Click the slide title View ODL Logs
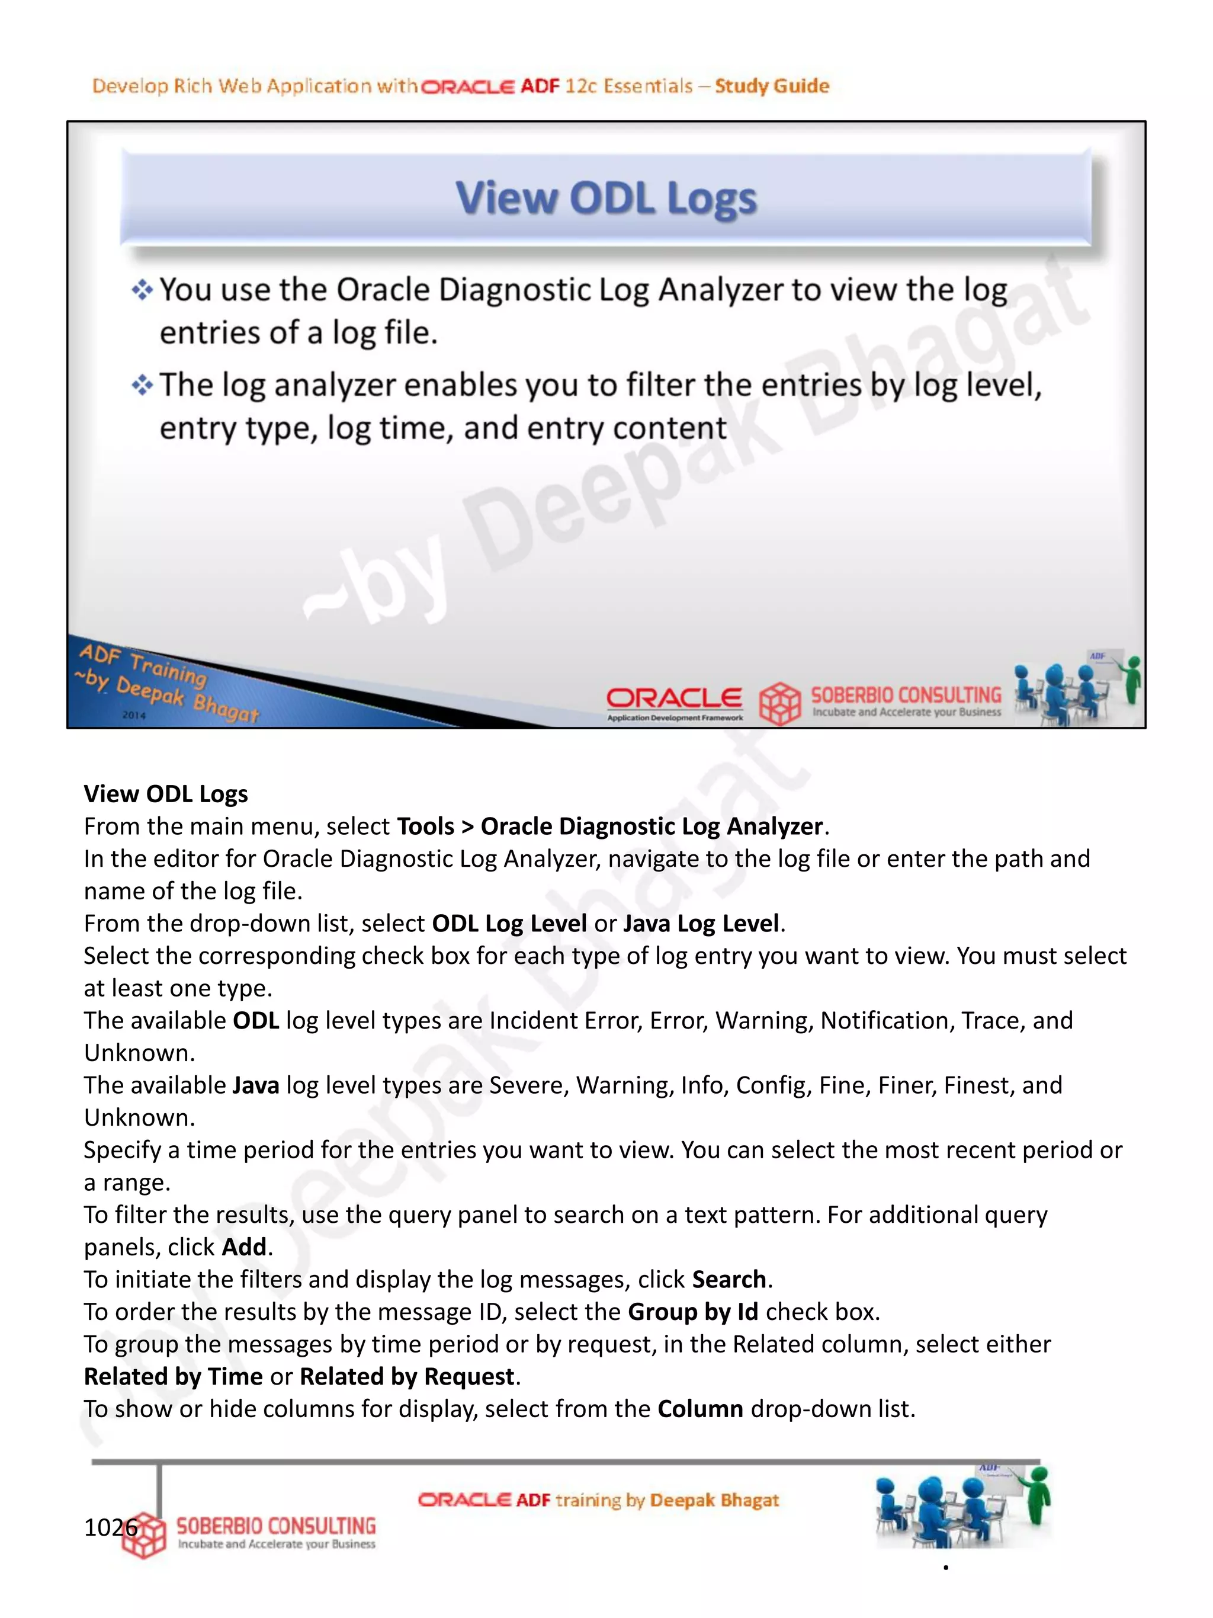pos(606,198)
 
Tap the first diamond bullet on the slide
pos(142,290)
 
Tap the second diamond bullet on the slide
pos(142,385)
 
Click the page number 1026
pos(110,1527)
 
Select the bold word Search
pos(729,1279)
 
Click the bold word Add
pos(243,1247)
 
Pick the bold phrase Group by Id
pos(692,1312)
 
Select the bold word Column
pos(699,1409)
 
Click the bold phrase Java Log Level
pos(701,923)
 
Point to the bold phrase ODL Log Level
pos(509,923)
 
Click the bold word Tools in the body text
pos(425,826)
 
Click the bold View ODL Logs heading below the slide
pos(166,794)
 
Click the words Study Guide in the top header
pos(771,85)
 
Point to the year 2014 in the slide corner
pos(134,715)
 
